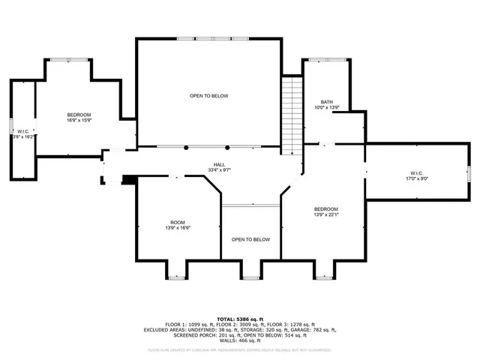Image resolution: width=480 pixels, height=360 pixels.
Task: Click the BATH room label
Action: click(x=326, y=102)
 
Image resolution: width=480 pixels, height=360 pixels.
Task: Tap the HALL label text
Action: click(x=219, y=164)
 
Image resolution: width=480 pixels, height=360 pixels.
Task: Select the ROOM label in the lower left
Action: click(x=177, y=222)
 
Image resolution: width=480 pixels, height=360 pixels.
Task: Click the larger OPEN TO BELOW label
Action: click(x=208, y=96)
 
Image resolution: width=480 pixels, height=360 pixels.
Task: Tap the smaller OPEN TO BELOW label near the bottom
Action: click(x=250, y=240)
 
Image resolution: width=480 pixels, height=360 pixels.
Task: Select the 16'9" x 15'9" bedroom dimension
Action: click(x=79, y=120)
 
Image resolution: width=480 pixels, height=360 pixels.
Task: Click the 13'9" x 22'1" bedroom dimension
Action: click(x=326, y=214)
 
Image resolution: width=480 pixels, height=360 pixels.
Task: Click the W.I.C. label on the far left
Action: click(x=22, y=130)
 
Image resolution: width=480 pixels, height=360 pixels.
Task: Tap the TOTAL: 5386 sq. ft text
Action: click(x=240, y=319)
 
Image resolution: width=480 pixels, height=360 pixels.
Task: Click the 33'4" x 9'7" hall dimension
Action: click(x=219, y=170)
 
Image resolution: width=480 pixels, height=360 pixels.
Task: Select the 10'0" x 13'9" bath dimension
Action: click(x=326, y=108)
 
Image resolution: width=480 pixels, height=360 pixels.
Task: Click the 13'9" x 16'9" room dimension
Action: click(x=177, y=228)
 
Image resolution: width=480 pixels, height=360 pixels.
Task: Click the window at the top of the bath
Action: click(x=327, y=59)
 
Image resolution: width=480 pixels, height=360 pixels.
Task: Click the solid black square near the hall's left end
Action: click(x=128, y=179)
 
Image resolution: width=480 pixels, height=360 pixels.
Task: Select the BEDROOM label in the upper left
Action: click(x=79, y=114)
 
